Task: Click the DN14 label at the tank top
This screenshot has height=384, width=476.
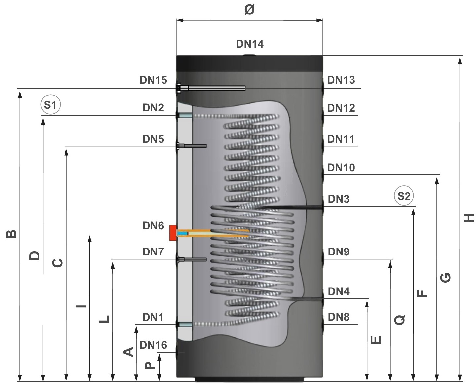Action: [250, 44]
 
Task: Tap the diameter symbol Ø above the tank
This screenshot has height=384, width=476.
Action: [249, 10]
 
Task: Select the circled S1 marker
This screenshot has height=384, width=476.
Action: [51, 105]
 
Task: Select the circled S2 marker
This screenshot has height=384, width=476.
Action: [404, 196]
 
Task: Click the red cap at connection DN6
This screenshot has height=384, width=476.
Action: [172, 233]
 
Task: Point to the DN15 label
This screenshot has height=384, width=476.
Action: [153, 80]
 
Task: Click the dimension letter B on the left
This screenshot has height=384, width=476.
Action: [11, 234]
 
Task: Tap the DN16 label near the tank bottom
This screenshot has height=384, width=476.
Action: [153, 345]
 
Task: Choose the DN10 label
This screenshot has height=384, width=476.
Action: [341, 168]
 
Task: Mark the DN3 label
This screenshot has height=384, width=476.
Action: [339, 199]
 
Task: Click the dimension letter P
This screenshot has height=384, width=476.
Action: [150, 365]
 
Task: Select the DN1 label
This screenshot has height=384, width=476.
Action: [153, 317]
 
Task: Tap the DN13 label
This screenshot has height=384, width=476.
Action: [341, 80]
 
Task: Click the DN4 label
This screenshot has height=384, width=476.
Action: [339, 291]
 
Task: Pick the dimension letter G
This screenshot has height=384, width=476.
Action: [446, 278]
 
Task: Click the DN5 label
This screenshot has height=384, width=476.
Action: [153, 139]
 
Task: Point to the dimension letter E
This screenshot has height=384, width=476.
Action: [376, 340]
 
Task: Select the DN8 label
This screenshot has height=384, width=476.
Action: [339, 317]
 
